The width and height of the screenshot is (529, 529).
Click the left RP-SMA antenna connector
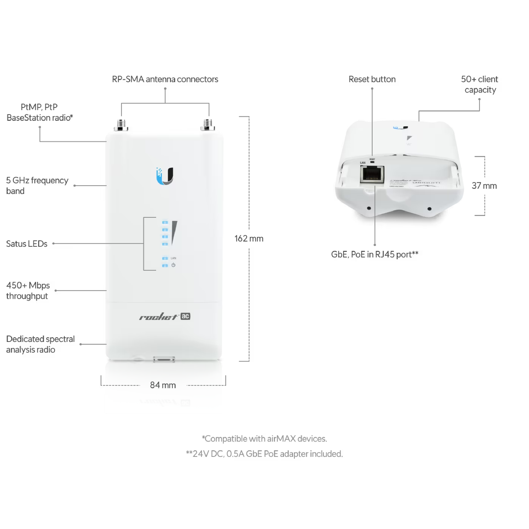point(121,125)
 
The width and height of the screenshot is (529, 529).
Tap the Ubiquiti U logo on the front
point(165,176)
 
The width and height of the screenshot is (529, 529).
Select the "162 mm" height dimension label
point(249,238)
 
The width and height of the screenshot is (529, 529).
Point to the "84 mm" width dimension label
point(163,385)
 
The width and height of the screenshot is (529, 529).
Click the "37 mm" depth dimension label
point(484,186)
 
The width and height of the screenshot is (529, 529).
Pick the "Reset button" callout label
point(372,79)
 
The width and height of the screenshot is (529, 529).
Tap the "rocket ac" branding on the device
point(165,317)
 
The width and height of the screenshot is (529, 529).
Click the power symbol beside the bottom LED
point(173,265)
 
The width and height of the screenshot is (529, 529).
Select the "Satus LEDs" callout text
point(27,243)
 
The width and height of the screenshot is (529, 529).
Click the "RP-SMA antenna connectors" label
point(165,79)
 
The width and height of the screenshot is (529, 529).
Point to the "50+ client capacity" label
point(480,84)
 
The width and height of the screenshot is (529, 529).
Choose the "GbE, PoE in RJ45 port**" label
point(375,254)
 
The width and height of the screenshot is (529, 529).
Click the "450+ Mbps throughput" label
point(28,290)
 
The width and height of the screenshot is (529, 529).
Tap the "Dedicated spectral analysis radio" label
point(40,344)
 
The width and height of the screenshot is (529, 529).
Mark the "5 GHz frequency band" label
point(37,186)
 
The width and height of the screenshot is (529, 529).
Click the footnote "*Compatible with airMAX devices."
point(264,439)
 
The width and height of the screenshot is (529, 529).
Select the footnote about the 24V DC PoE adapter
point(264,454)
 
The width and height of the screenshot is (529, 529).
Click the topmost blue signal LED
point(165,222)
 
